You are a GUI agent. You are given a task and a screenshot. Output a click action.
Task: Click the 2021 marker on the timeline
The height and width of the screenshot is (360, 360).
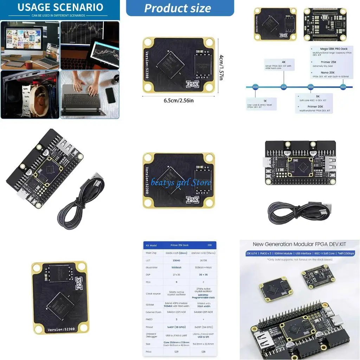click(x=283, y=87)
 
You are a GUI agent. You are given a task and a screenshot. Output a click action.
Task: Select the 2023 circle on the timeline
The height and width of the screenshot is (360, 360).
click(x=343, y=87)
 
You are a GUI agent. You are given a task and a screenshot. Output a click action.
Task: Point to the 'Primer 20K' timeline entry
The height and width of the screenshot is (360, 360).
click(x=315, y=106)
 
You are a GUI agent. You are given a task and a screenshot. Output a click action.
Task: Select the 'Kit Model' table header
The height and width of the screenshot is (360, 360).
click(x=151, y=245)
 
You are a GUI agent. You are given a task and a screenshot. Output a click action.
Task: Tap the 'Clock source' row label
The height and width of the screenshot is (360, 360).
click(x=153, y=294)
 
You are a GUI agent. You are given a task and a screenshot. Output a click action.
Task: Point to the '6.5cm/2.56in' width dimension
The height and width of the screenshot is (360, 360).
click(x=179, y=101)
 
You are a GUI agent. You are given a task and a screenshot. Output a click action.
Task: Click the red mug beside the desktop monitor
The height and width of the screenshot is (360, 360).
click(x=28, y=65)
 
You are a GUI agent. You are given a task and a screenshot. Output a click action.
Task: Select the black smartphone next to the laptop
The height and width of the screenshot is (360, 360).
click(x=110, y=95)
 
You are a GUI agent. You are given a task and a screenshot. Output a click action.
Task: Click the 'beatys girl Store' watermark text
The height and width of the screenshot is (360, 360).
click(x=181, y=182)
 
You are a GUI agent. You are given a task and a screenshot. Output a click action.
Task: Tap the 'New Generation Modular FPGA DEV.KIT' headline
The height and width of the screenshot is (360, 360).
click(x=300, y=244)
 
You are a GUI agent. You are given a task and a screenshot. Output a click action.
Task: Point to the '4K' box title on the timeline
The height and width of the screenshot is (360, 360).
click(x=284, y=62)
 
